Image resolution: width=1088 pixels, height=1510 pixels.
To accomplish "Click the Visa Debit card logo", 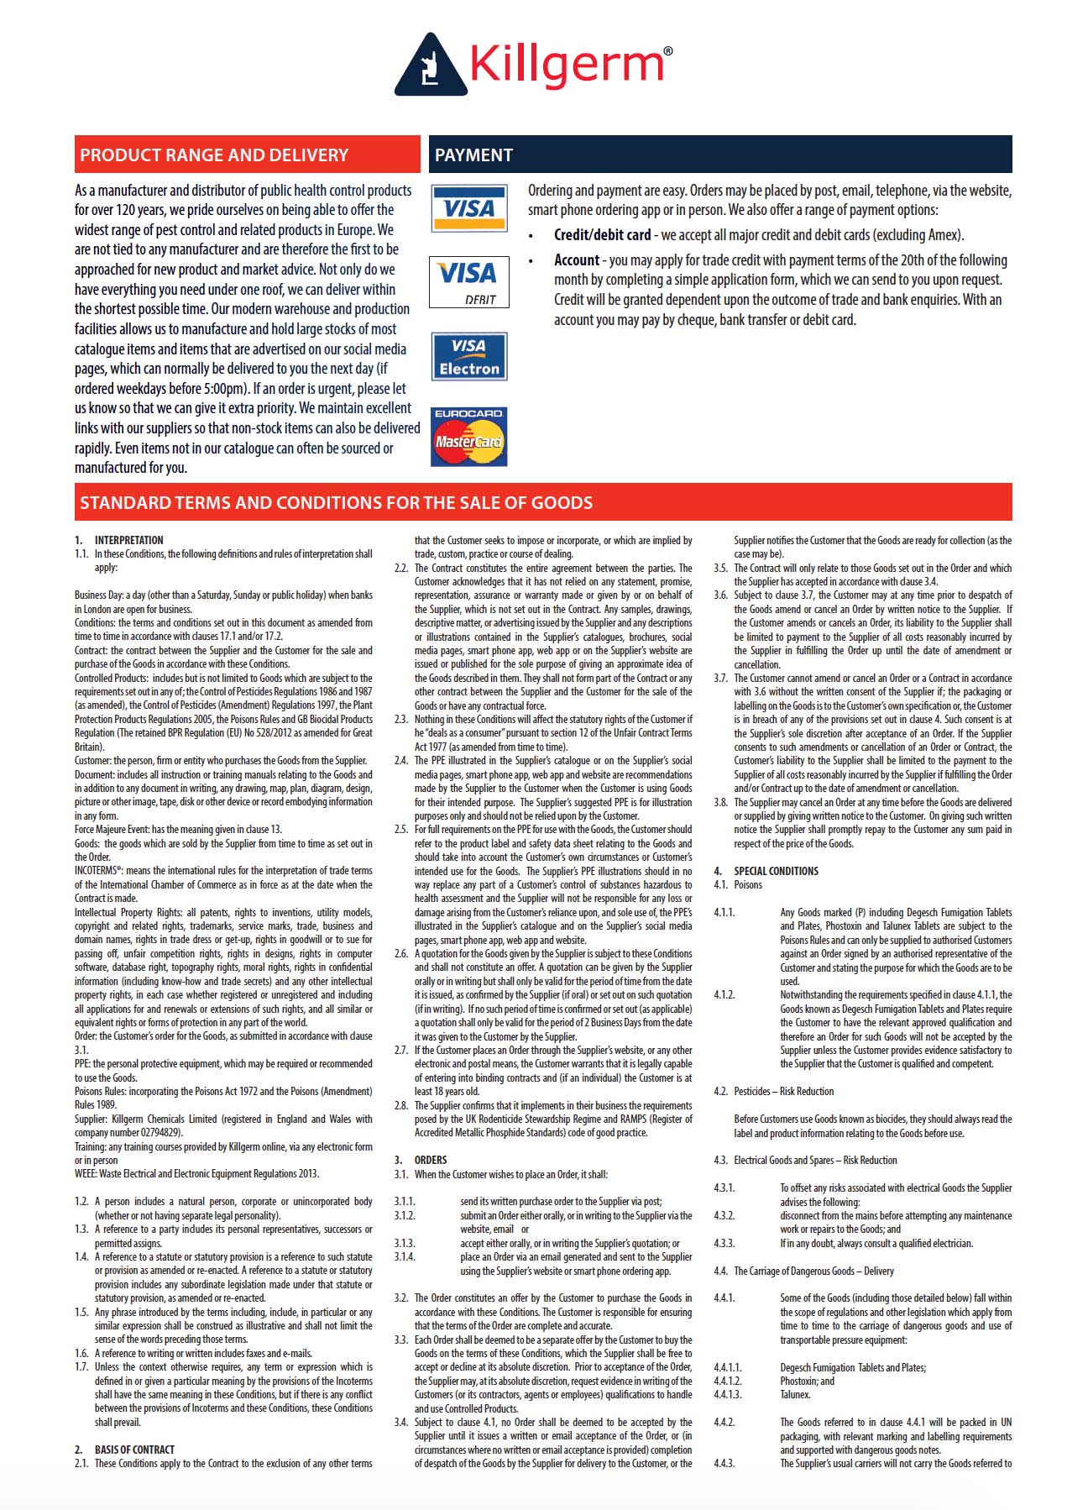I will click(x=469, y=282).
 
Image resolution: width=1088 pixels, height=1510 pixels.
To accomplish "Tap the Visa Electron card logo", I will click(x=469, y=357).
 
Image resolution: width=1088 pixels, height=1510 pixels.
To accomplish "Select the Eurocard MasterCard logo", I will click(x=469, y=437).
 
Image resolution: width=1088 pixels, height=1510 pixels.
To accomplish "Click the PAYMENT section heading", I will click(x=473, y=155).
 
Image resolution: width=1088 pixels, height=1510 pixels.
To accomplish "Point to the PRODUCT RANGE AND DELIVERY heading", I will click(x=214, y=155).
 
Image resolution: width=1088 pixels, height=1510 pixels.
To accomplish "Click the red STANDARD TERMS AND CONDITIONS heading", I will click(x=336, y=503).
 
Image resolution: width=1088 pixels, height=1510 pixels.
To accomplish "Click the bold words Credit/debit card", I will click(x=602, y=235).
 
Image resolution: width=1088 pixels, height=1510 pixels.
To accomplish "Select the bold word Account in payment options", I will click(x=577, y=260).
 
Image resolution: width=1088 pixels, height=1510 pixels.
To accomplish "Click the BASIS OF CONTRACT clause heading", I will click(x=134, y=1450).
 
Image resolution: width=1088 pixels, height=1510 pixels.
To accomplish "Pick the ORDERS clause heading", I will click(x=431, y=1160).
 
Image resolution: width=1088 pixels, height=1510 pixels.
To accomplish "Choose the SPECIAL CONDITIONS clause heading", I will click(x=776, y=871).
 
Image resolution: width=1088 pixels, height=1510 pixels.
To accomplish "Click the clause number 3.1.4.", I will click(x=405, y=1257).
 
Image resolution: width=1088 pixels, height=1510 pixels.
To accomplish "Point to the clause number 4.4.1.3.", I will click(x=727, y=1395).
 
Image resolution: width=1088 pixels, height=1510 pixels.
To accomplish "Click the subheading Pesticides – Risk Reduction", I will click(x=783, y=1092).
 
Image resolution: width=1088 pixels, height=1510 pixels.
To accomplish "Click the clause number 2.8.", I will click(x=401, y=1105).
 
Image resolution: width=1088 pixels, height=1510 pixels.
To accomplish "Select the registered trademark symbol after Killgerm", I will click(x=667, y=52).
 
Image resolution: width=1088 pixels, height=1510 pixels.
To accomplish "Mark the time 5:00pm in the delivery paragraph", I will click(x=227, y=389).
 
